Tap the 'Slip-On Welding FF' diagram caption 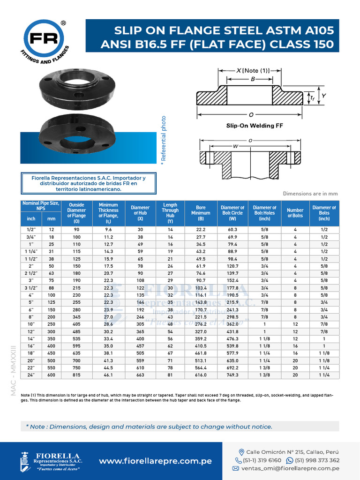coord(254,126)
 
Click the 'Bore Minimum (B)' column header coord(201,213)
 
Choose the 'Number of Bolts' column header coord(295,213)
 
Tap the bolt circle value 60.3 coord(232,230)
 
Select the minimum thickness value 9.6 coord(108,230)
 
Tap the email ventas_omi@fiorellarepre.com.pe coord(291,468)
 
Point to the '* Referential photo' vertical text coord(164,139)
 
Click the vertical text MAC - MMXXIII coord(14,370)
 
